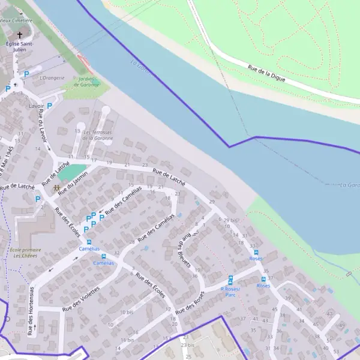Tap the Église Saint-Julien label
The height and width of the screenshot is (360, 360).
click(20, 47)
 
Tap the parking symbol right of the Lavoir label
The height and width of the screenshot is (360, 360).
click(50, 106)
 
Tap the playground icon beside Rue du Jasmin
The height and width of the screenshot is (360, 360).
click(56, 188)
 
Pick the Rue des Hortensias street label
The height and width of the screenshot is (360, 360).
click(29, 311)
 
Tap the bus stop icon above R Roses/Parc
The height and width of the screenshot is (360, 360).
click(230, 279)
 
